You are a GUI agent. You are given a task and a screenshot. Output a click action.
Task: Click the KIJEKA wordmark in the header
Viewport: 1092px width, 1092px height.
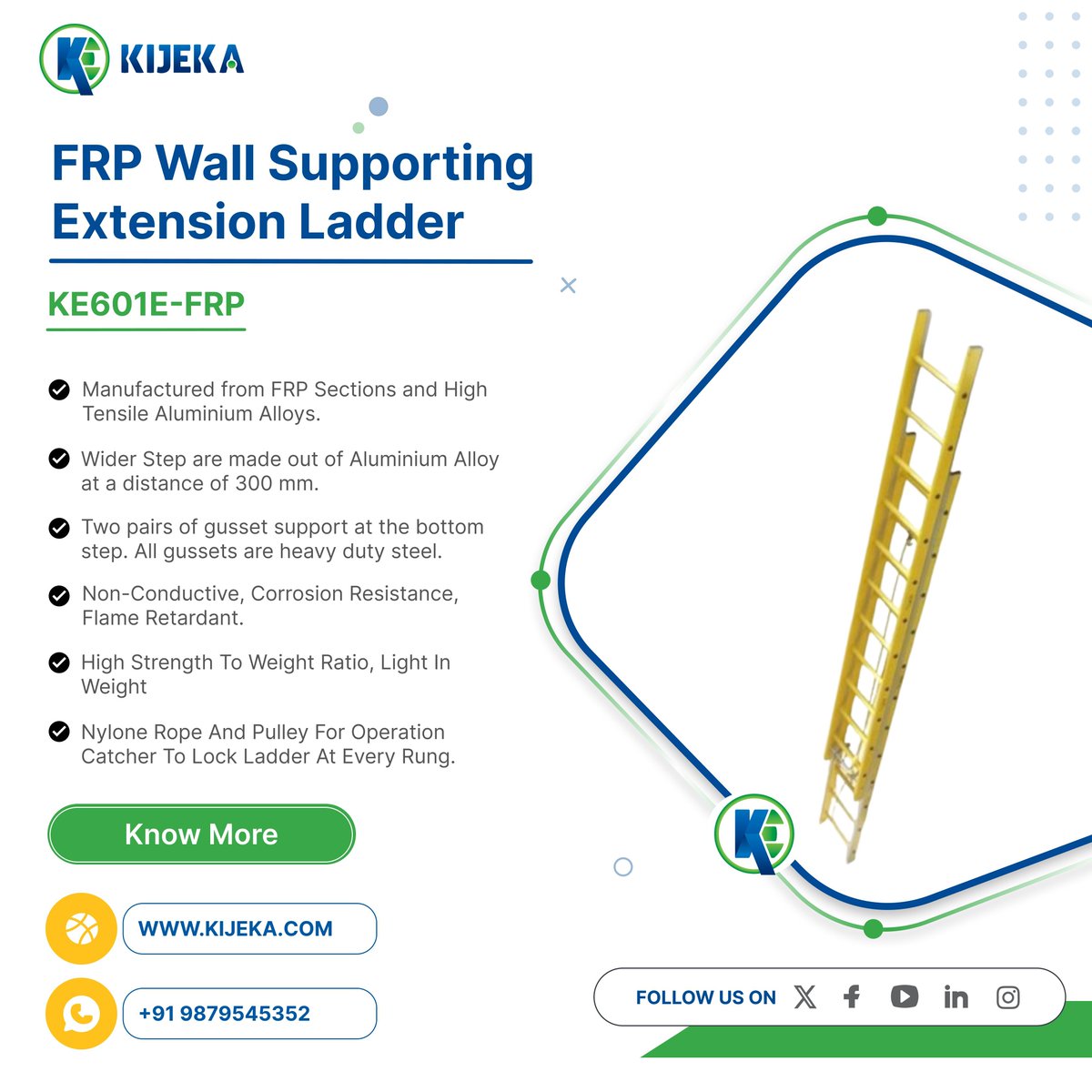click(182, 59)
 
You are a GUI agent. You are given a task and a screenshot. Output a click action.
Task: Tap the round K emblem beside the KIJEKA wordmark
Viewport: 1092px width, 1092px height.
click(75, 59)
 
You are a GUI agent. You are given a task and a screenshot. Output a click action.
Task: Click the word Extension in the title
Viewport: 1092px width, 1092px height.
click(169, 221)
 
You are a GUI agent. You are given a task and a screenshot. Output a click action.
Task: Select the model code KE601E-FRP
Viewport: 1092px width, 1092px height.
click(147, 304)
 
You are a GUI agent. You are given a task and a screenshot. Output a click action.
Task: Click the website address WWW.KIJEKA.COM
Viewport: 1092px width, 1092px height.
click(235, 929)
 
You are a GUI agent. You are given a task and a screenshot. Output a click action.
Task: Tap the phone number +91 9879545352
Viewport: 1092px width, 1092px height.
click(225, 1013)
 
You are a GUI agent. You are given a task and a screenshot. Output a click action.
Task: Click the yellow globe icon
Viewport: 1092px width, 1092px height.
click(81, 928)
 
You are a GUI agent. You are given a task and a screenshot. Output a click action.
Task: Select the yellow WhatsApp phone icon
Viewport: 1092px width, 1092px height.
click(81, 1013)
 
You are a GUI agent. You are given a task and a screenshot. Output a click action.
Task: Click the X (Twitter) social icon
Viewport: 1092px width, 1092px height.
click(804, 996)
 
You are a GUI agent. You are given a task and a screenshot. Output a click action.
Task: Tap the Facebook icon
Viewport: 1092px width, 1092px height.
click(852, 996)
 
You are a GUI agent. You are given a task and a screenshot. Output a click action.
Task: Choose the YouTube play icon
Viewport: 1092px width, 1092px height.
click(905, 996)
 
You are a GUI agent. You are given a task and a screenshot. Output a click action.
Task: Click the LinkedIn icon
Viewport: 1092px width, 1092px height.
click(956, 996)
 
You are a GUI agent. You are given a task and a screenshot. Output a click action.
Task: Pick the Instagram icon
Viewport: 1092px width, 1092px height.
click(1008, 997)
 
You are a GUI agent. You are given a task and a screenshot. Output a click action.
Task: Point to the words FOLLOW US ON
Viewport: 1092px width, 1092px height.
click(705, 997)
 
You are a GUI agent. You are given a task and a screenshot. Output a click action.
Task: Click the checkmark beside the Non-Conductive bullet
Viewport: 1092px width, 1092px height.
click(59, 595)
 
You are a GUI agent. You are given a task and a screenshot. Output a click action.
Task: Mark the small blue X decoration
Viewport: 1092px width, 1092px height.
click(568, 285)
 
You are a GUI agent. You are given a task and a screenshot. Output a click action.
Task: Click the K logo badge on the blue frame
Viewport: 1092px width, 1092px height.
click(754, 834)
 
